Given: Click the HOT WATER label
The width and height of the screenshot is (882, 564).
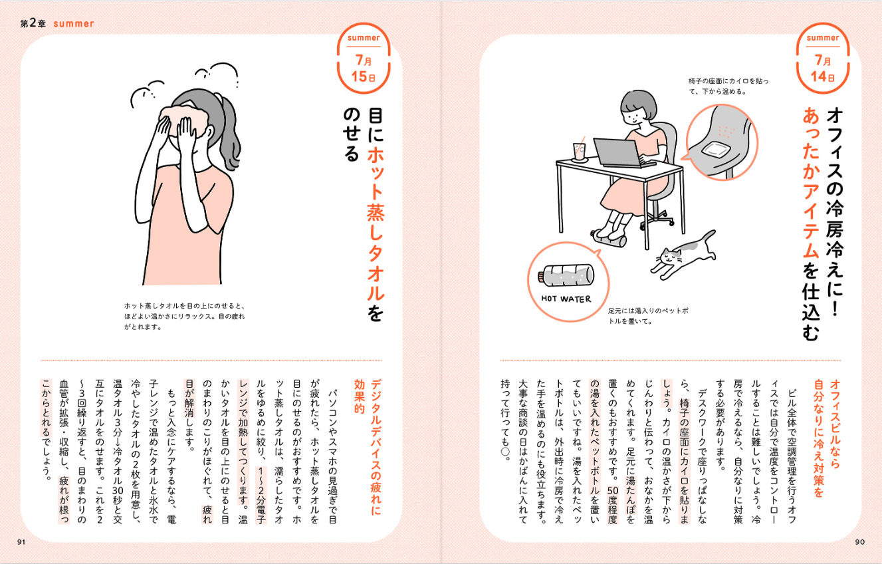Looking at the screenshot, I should point(566,299).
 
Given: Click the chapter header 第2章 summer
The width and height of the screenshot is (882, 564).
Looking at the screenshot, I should point(56,24).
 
